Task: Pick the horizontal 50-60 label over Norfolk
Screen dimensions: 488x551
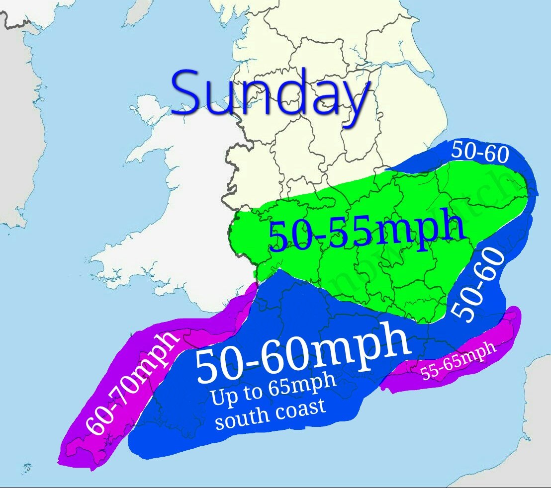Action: pyautogui.click(x=480, y=153)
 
